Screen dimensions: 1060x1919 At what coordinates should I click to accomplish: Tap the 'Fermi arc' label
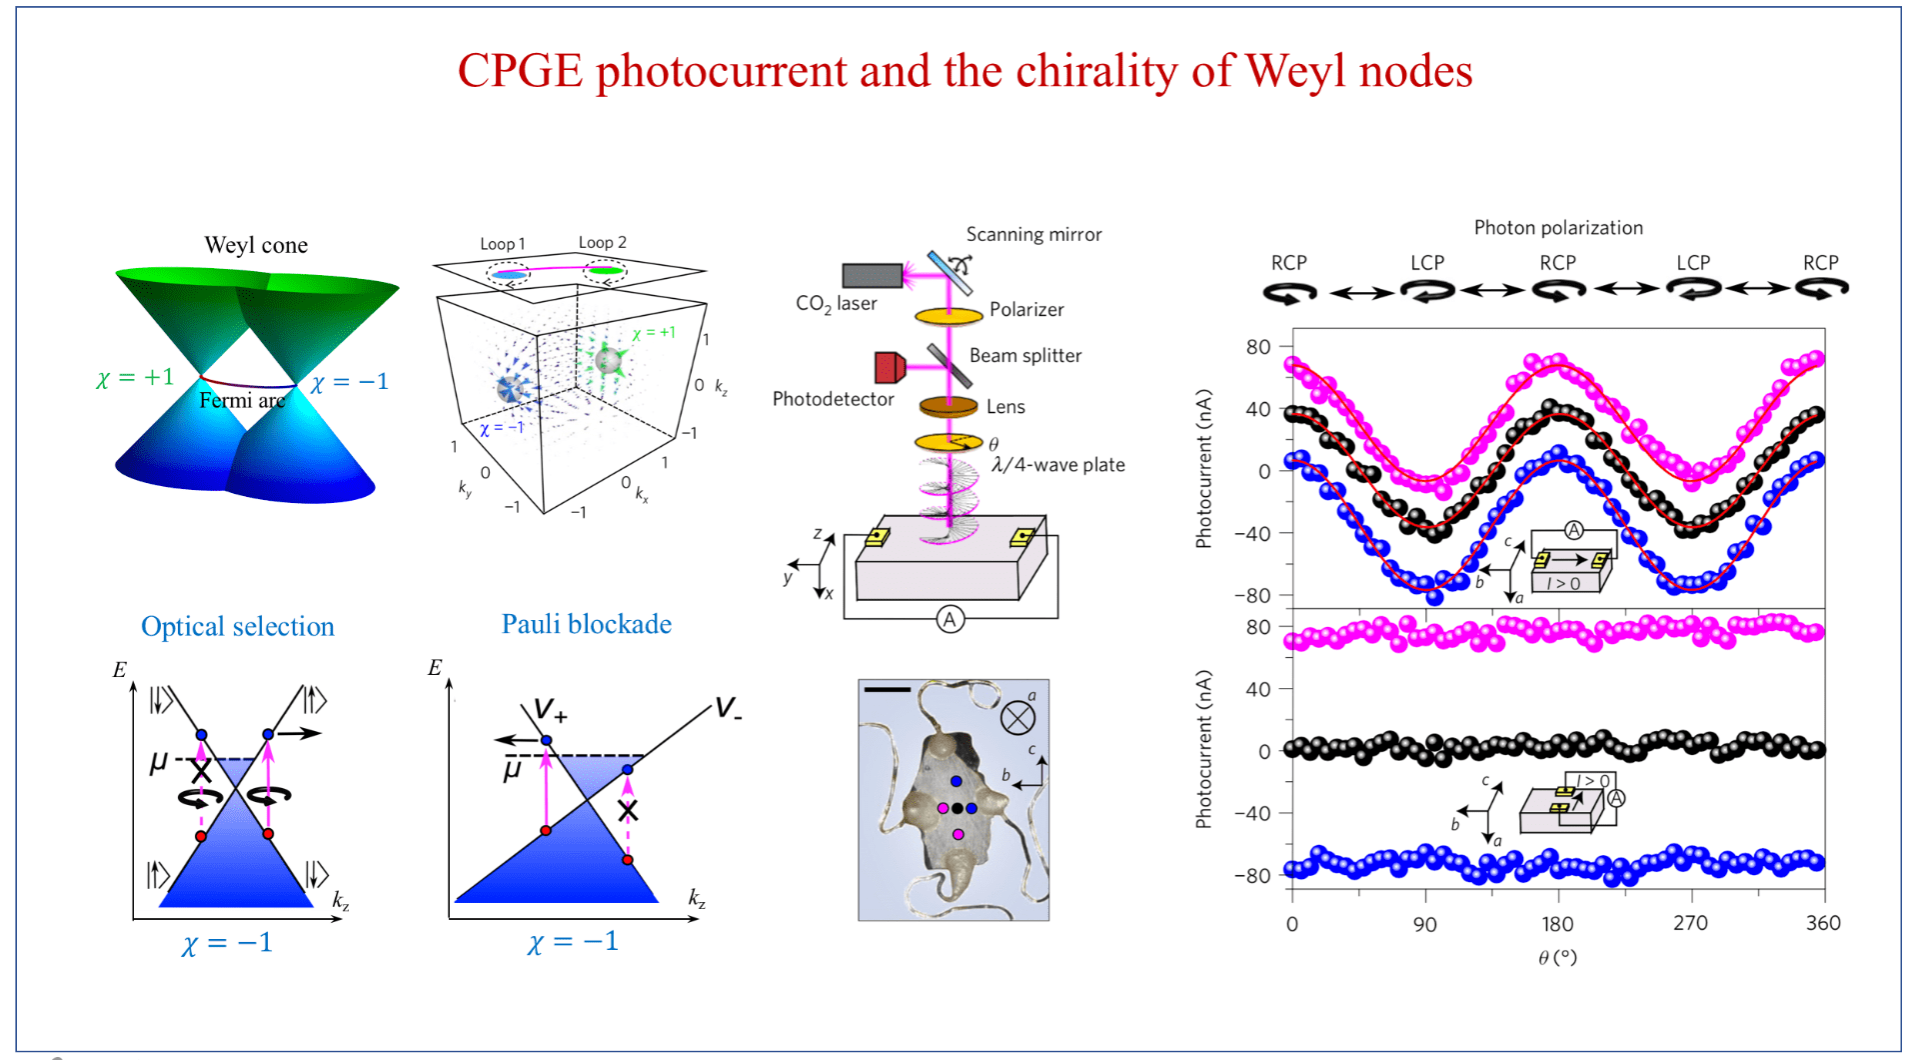pyautogui.click(x=242, y=401)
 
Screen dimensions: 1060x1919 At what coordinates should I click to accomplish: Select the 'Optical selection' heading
pyautogui.click(x=238, y=627)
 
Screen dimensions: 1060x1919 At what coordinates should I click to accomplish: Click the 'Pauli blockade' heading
pyautogui.click(x=586, y=625)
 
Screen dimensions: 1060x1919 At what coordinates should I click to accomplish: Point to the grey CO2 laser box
pyautogui.click(x=872, y=275)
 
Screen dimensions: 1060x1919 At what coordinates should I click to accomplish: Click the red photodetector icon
pyautogui.click(x=889, y=368)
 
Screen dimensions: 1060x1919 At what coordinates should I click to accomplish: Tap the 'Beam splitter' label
pyautogui.click(x=1024, y=356)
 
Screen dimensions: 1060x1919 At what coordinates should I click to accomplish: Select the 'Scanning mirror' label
pyautogui.click(x=1033, y=235)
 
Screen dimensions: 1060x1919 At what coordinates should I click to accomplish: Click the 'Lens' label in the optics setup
pyautogui.click(x=1005, y=407)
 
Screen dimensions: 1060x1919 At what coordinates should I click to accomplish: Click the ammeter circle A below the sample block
pyautogui.click(x=950, y=619)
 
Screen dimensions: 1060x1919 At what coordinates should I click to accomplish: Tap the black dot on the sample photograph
pyautogui.click(x=958, y=808)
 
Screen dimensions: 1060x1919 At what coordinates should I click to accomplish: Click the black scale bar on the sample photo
pyautogui.click(x=887, y=689)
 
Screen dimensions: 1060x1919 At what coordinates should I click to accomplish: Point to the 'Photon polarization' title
pyautogui.click(x=1558, y=228)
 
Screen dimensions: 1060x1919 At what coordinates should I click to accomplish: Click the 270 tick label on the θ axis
pyautogui.click(x=1690, y=923)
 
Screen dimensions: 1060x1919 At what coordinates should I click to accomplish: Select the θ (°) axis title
pyautogui.click(x=1557, y=958)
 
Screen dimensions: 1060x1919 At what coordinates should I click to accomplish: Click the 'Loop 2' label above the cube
pyautogui.click(x=602, y=243)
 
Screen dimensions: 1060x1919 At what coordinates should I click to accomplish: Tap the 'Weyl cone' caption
pyautogui.click(x=256, y=246)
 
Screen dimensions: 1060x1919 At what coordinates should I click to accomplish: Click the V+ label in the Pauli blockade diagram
pyautogui.click(x=550, y=710)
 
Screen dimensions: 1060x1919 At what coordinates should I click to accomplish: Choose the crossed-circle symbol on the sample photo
pyautogui.click(x=1017, y=717)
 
